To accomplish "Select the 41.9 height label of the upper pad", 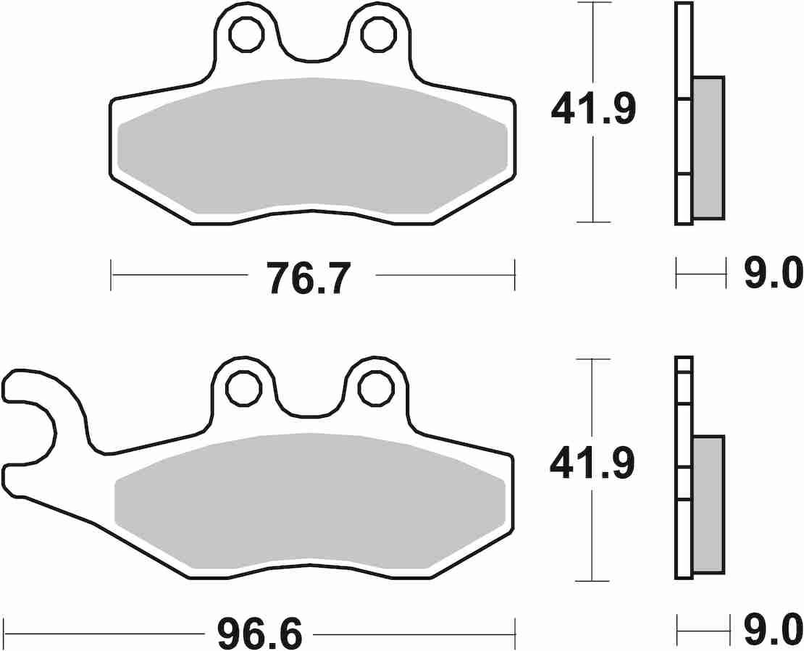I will pos(593,110).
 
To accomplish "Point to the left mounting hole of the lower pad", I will pos(243,388).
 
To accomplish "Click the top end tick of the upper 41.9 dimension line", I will pos(593,3).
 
